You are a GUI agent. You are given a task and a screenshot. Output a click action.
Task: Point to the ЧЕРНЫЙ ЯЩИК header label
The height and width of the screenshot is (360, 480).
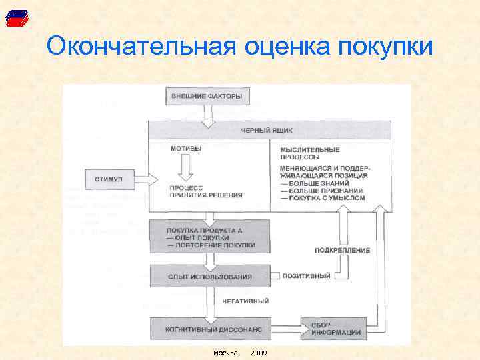266,131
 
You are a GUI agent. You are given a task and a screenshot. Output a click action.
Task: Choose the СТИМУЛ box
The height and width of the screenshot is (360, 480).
110,179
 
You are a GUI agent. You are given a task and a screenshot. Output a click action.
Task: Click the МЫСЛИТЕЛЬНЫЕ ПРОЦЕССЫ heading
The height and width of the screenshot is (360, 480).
309,153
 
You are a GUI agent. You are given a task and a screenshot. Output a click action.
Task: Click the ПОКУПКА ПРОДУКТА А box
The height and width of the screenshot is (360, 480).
209,237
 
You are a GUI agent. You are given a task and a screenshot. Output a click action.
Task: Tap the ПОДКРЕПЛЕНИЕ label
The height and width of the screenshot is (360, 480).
343,250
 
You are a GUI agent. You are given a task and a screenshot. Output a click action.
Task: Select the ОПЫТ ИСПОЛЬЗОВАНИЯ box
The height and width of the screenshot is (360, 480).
209,276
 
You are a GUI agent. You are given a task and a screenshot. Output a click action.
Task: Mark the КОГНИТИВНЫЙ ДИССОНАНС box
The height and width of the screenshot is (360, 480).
209,329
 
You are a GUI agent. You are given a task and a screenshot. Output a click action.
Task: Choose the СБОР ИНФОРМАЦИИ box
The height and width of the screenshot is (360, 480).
333,329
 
